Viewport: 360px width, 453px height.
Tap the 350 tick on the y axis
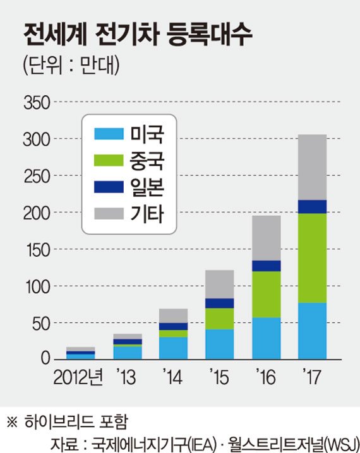click(x=36, y=102)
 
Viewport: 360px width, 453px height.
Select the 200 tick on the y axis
click(x=36, y=213)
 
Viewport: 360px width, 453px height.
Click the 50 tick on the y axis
click(x=40, y=324)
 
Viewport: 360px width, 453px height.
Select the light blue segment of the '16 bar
click(x=266, y=338)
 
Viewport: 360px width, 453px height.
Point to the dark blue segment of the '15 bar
click(x=219, y=303)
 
